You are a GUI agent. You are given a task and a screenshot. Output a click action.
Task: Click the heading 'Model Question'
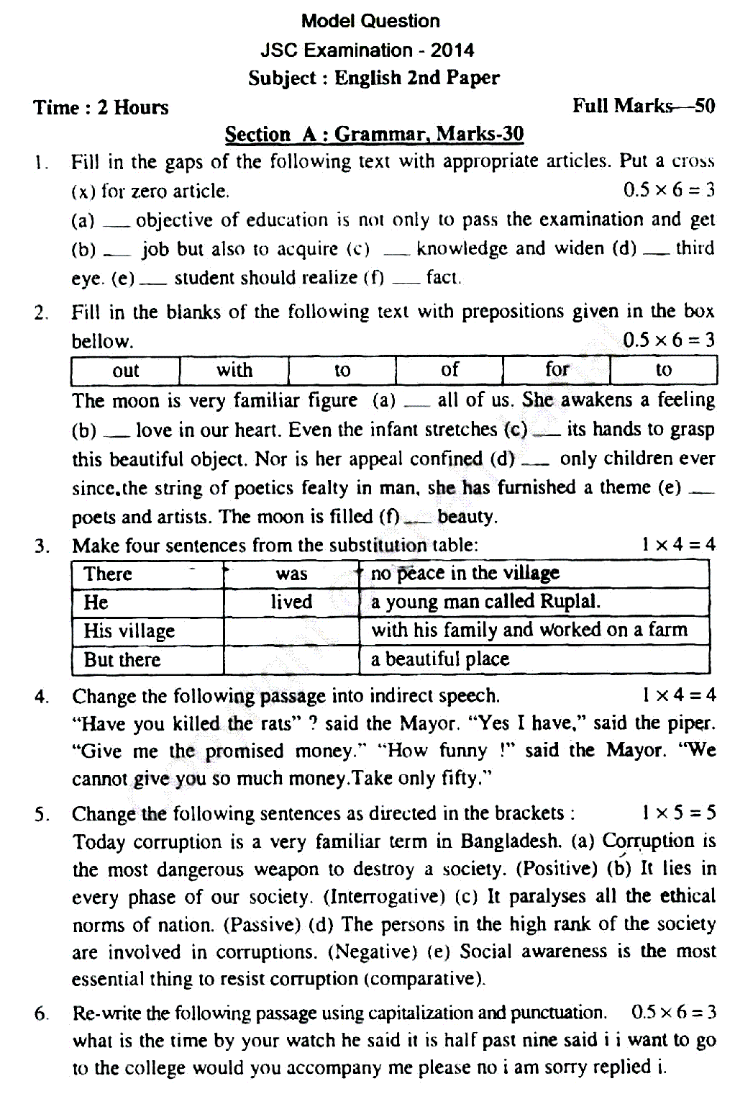pos(370,21)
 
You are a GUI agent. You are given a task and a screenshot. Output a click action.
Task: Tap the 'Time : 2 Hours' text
pos(101,107)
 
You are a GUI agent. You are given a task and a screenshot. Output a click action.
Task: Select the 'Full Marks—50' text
pos(643,106)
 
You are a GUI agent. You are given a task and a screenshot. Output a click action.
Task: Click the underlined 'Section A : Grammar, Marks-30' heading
pos(374,134)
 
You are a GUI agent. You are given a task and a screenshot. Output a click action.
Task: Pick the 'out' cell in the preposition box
pos(125,371)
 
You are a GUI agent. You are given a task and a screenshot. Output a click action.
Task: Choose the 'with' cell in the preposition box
pos(234,370)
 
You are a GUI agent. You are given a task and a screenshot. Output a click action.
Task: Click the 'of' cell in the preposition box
pos(449,370)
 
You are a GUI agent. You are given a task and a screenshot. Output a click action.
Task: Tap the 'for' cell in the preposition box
pos(557,370)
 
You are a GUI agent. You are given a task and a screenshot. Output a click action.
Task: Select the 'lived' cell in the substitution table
pos(291,602)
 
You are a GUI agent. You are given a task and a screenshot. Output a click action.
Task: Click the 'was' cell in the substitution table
pos(291,574)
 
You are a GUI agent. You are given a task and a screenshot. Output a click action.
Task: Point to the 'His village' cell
pos(129,631)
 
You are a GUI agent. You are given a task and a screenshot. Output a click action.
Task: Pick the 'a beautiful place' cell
pos(439,659)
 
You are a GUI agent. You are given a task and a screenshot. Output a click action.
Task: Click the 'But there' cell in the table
pos(122,660)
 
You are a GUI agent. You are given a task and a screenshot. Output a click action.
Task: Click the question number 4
pos(41,697)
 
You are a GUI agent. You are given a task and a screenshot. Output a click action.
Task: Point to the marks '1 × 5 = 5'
pos(678,813)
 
